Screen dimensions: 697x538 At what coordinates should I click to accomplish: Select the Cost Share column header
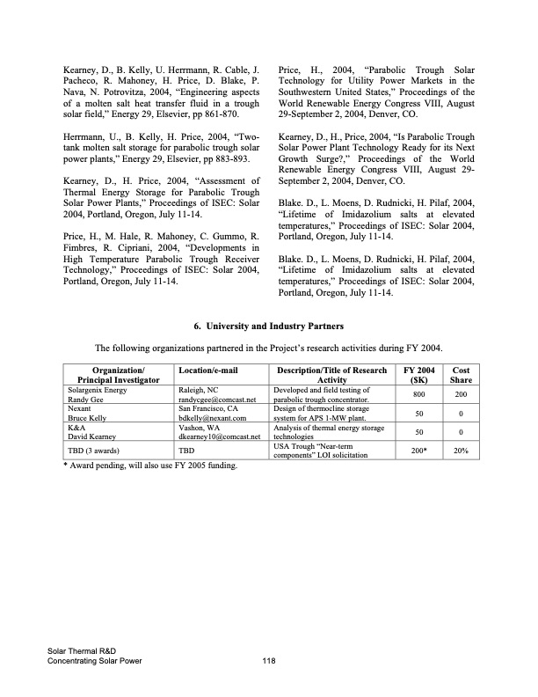pyautogui.click(x=460, y=375)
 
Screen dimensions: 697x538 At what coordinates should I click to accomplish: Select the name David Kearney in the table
pyautogui.click(x=92, y=437)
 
